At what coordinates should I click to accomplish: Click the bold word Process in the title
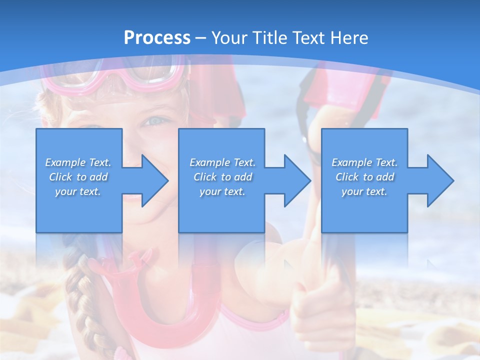(157, 38)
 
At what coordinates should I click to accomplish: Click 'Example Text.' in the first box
(78, 162)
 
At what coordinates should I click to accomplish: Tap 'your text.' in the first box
(78, 191)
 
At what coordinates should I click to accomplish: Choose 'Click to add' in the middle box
(222, 177)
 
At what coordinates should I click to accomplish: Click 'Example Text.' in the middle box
(222, 162)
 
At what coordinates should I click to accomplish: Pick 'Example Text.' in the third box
(364, 162)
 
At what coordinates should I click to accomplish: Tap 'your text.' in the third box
(364, 191)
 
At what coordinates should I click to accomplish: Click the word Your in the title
(230, 38)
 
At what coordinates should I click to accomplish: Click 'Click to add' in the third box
(364, 177)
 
